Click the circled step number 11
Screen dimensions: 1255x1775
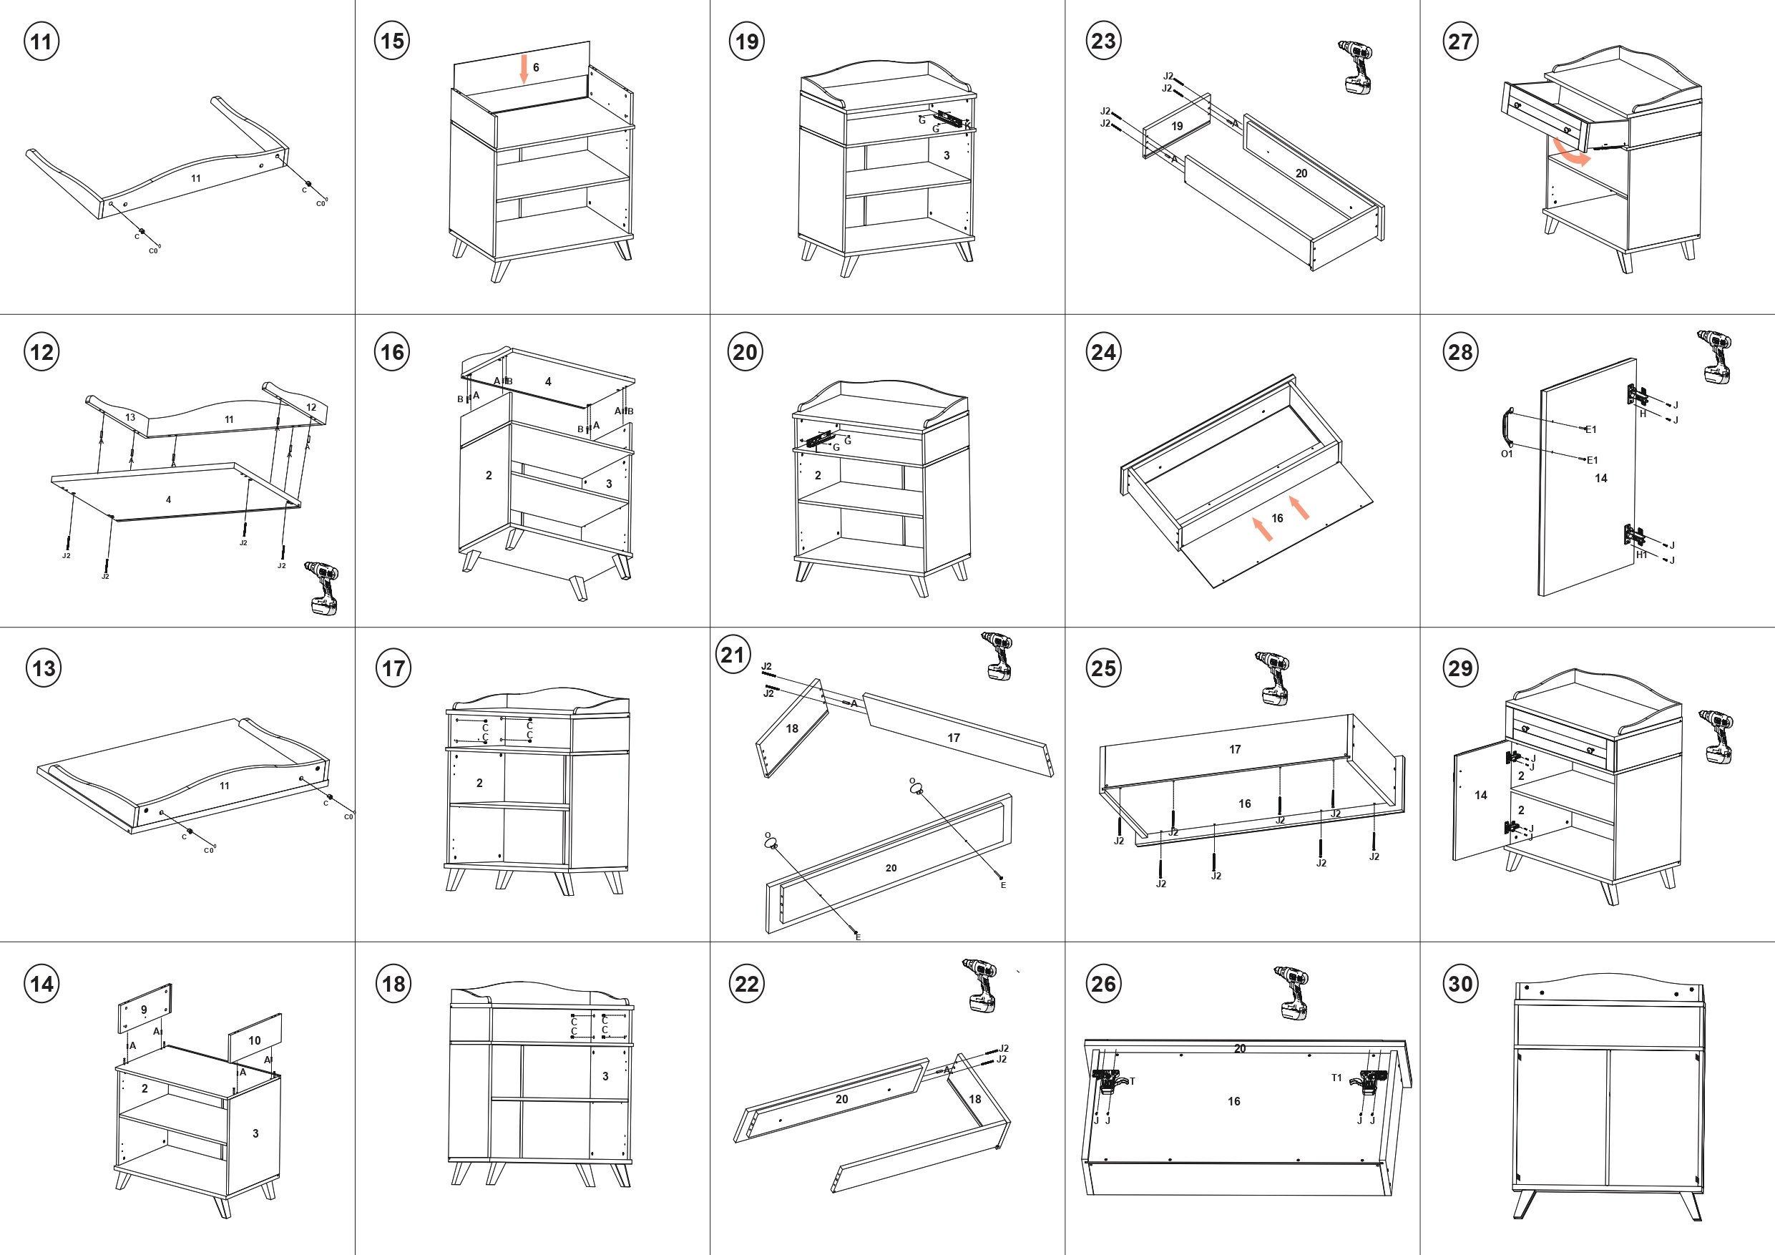point(41,41)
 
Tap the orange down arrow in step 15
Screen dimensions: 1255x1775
point(524,69)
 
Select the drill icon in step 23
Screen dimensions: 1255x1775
point(1355,67)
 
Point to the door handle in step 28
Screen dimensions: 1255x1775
point(1506,428)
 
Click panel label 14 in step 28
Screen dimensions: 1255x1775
point(1600,479)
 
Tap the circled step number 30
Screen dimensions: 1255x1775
point(1460,984)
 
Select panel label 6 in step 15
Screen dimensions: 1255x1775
point(536,68)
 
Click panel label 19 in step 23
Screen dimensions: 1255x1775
point(1177,126)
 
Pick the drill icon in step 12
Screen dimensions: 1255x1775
point(323,587)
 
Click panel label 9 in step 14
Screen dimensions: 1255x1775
point(144,1010)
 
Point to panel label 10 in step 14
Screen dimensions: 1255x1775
point(255,1041)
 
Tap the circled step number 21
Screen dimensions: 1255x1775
point(732,655)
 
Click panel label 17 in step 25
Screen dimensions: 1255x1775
point(1235,749)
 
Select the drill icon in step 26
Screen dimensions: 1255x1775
point(1292,992)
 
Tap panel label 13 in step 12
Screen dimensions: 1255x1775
point(130,418)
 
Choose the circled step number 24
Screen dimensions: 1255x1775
point(1103,353)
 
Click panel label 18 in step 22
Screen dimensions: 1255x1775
point(975,1099)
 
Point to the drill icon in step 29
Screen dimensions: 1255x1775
point(1716,737)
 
